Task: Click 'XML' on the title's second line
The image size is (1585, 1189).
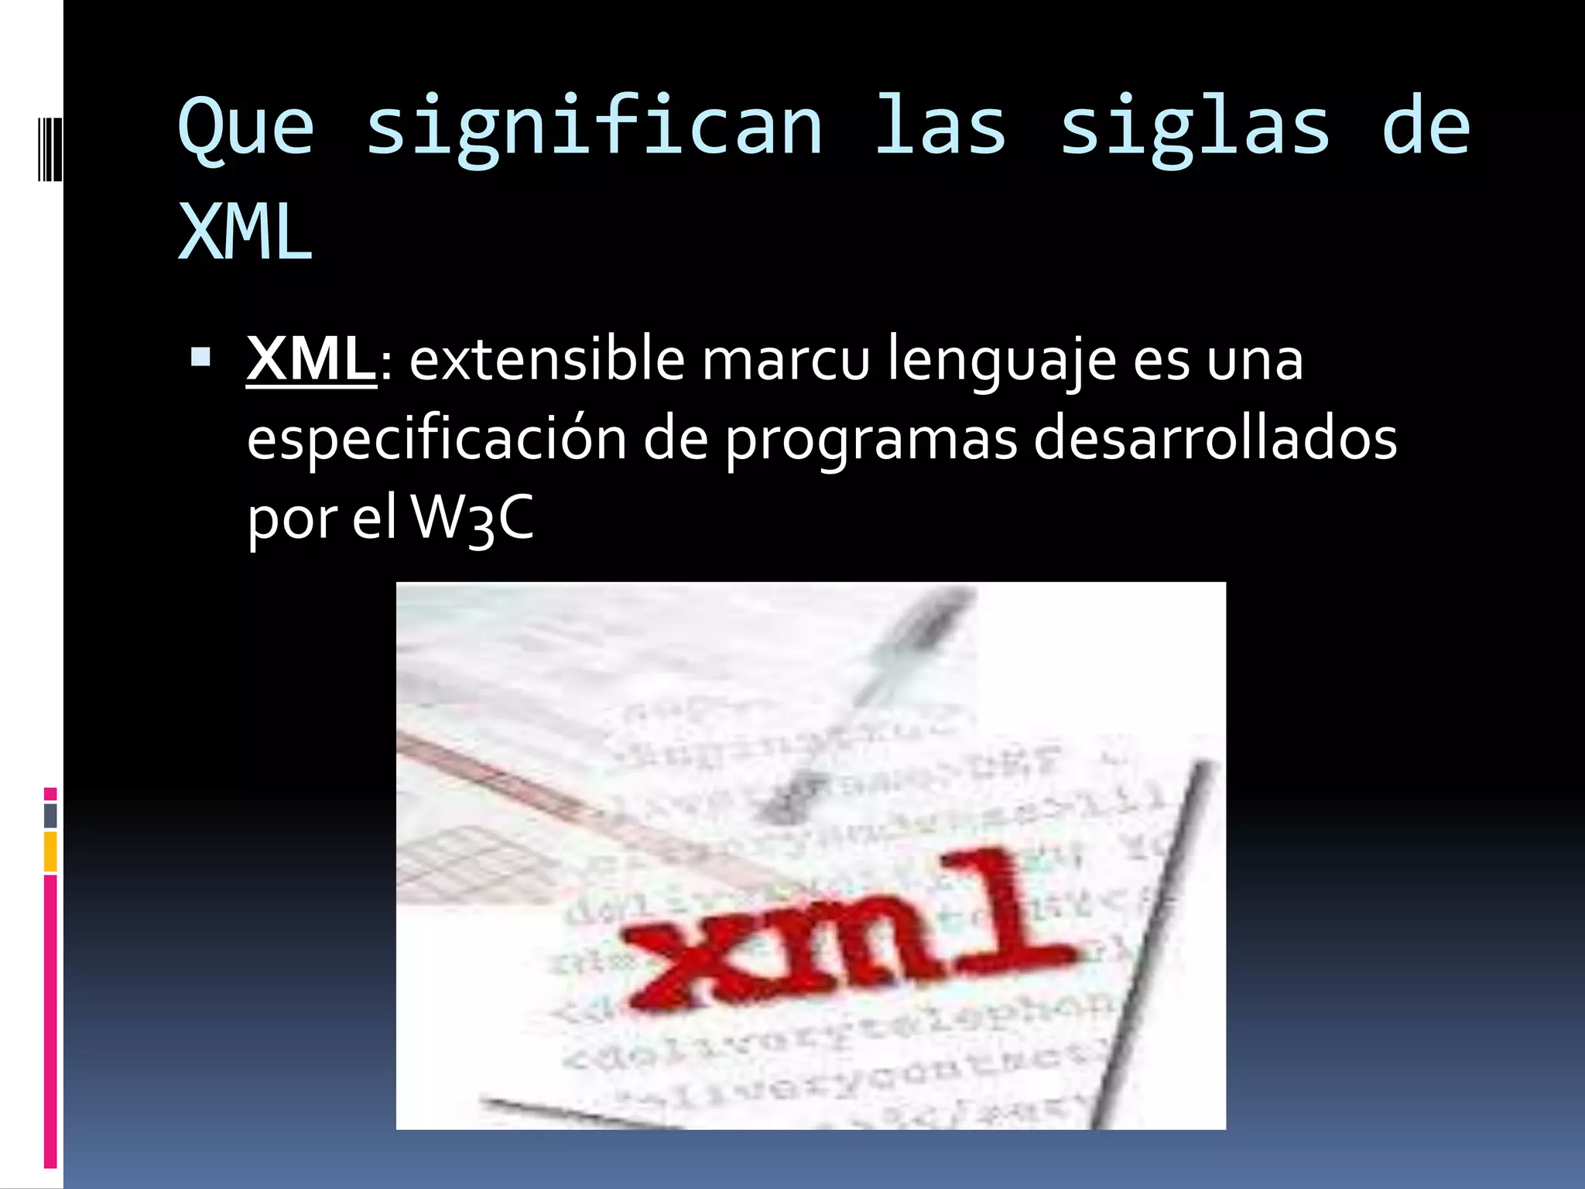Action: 245,232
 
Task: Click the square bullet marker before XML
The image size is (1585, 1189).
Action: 200,357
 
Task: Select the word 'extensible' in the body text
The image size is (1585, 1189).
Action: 546,359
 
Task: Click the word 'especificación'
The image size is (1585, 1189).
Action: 436,439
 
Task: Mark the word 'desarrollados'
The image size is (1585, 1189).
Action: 1215,439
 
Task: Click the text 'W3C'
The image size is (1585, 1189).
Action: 472,518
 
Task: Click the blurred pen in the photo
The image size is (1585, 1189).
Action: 867,697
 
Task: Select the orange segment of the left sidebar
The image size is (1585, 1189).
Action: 50,851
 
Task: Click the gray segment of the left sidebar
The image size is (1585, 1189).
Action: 50,815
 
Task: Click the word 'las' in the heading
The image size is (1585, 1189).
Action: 940,128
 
